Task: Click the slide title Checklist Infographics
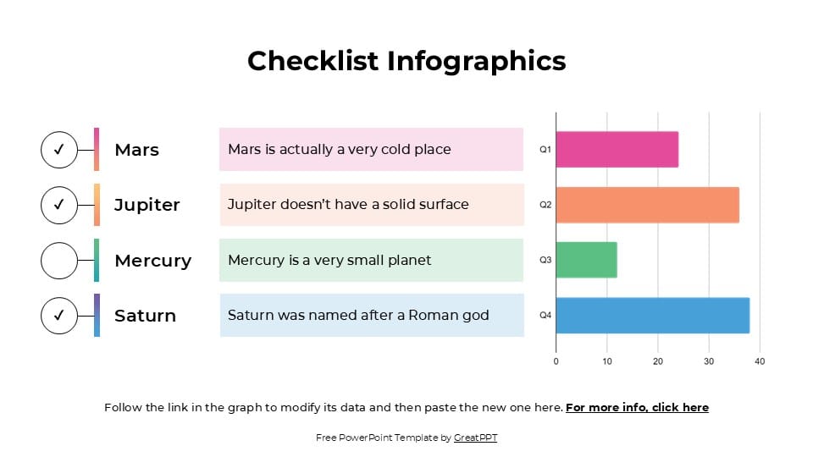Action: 406,61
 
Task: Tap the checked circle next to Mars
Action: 59,150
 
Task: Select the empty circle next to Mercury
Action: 59,260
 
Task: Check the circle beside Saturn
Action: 59,315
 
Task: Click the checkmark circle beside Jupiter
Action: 59,205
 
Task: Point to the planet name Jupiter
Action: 147,205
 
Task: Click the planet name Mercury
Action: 152,261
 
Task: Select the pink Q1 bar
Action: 617,150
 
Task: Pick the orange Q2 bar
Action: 647,205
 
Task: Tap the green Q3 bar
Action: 586,260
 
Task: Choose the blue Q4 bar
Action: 652,316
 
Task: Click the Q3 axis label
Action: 545,260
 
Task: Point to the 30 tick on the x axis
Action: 709,361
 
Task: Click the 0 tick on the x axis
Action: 556,361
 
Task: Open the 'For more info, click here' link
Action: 637,407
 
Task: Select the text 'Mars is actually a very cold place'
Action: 340,150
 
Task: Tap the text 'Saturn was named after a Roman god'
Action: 358,316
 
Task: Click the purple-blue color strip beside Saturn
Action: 97,315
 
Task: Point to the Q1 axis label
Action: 545,150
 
